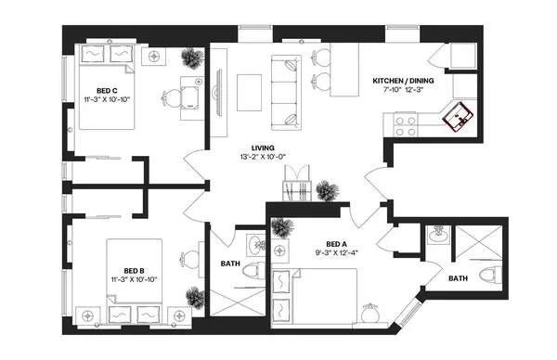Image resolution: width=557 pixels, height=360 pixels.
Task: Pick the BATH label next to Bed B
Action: pos(230,263)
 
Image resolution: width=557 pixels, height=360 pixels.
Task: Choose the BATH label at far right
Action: pos(459,277)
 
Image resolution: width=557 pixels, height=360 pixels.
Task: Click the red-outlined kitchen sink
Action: pos(460,117)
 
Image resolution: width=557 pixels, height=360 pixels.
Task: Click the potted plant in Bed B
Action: pos(194,297)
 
